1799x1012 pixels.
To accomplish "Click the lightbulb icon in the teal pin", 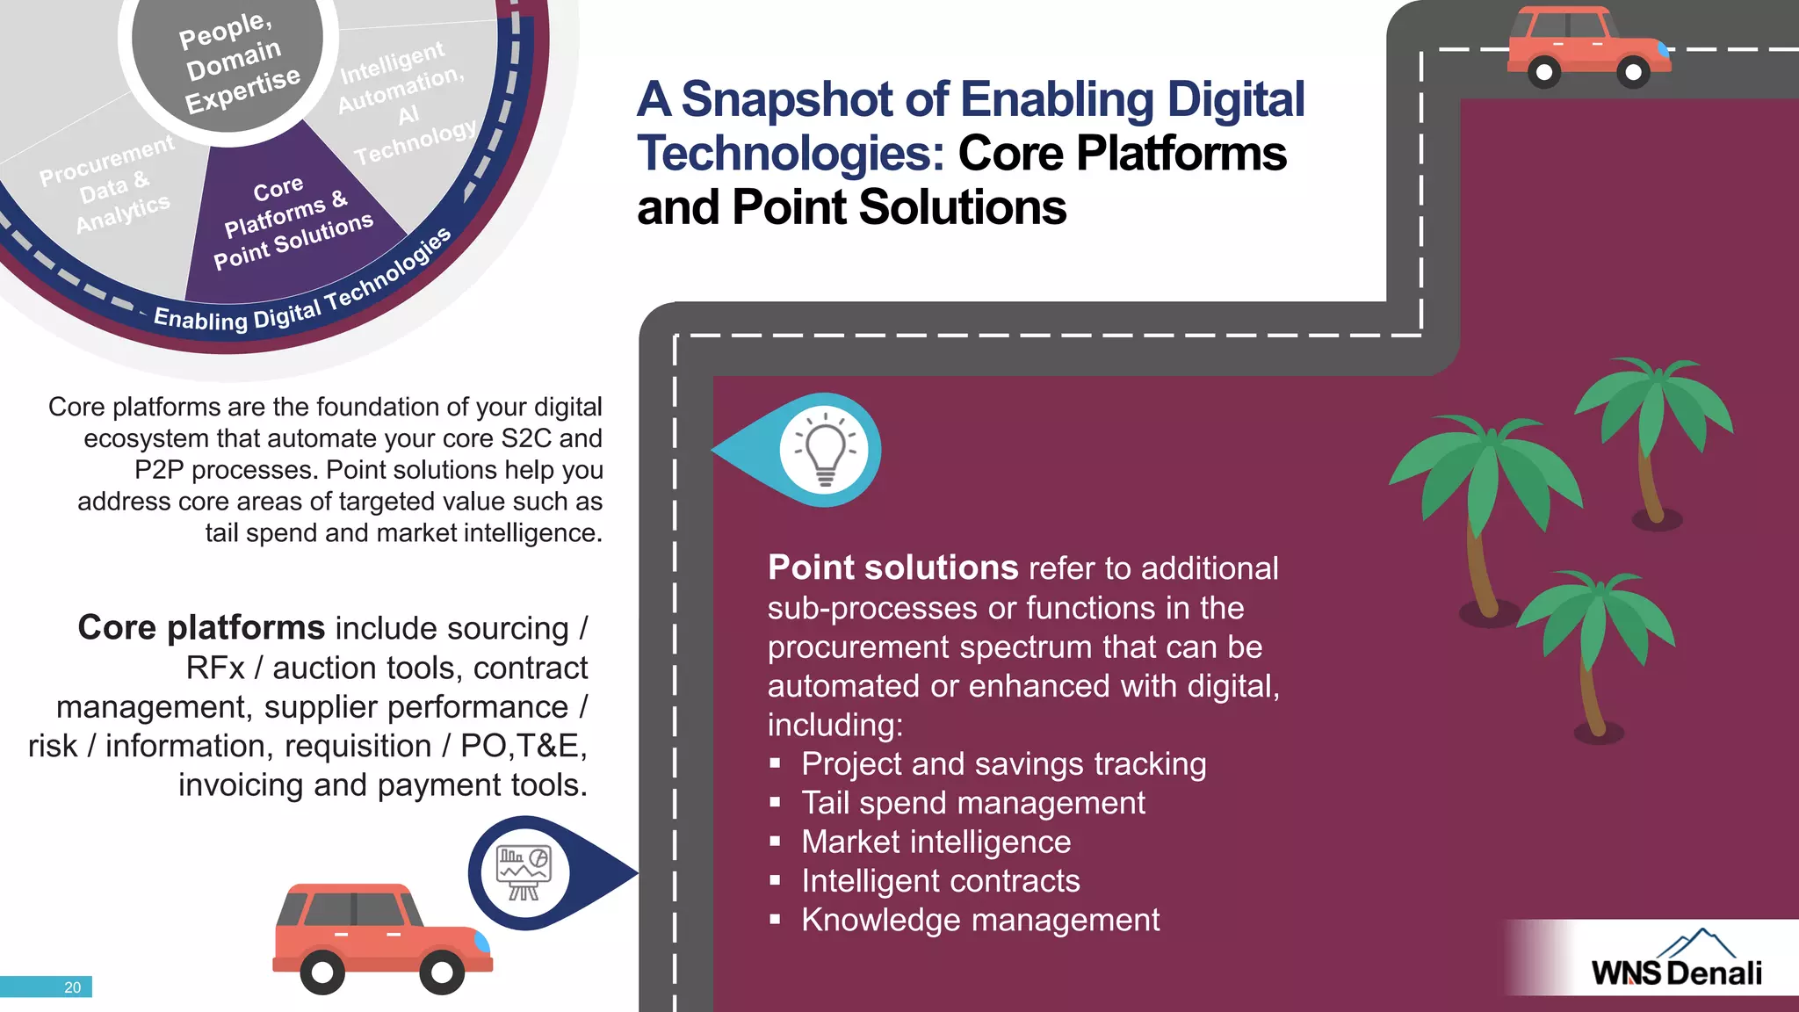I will click(824, 451).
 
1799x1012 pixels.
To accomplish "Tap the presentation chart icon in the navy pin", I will click(524, 872).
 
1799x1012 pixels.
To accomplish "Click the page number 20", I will click(72, 987).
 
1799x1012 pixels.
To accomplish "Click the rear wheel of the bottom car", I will click(322, 972).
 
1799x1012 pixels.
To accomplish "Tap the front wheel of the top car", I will click(1632, 72).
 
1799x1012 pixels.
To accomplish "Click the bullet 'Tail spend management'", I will click(972, 803).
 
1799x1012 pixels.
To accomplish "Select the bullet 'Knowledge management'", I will click(979, 920).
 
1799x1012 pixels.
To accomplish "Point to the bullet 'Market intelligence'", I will click(936, 842).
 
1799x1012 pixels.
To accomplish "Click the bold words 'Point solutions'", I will click(892, 567).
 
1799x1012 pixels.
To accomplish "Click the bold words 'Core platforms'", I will click(201, 627).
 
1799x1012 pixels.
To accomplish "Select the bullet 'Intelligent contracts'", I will click(940, 880).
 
